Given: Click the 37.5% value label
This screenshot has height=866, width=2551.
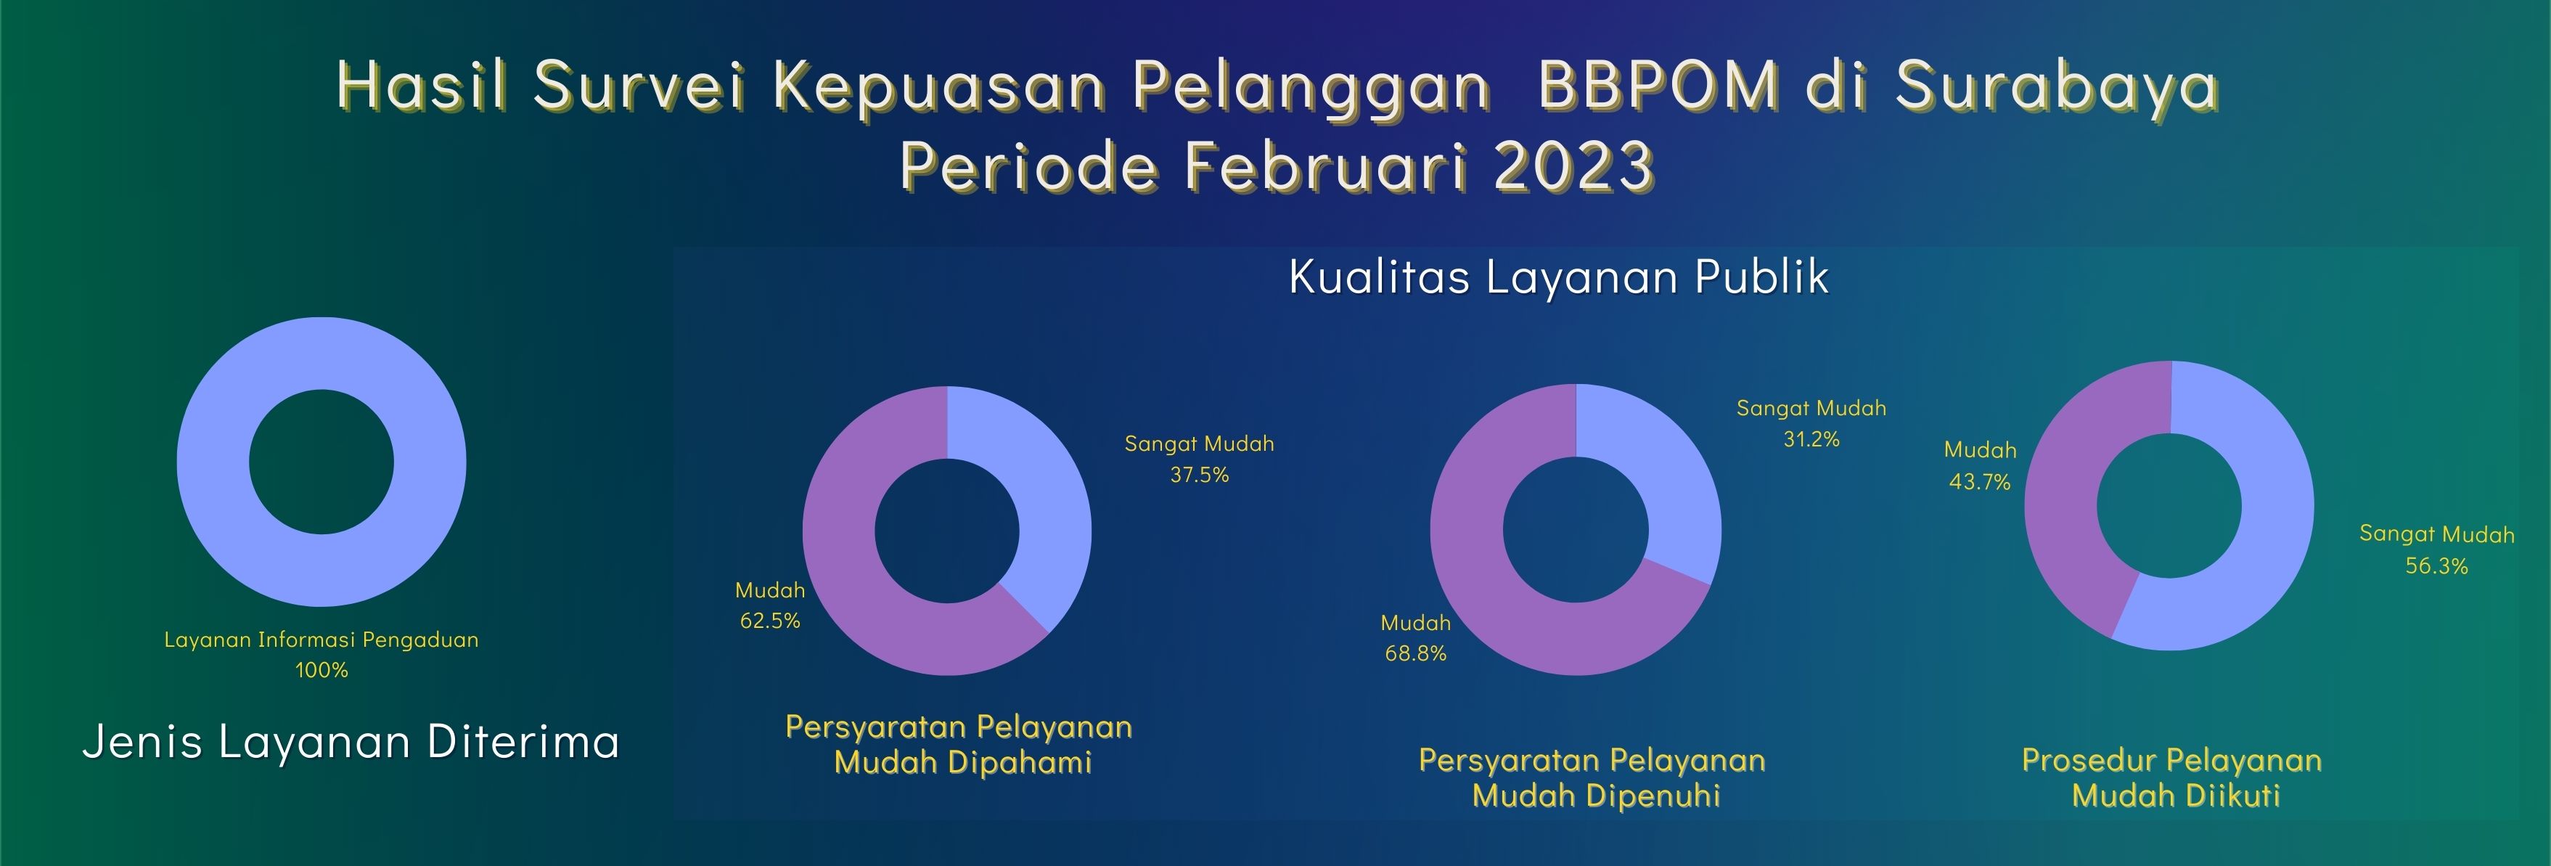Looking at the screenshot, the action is tap(1199, 475).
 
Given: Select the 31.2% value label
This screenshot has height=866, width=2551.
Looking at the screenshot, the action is tap(1811, 439).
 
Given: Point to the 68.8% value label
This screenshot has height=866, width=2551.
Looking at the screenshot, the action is tap(1415, 654).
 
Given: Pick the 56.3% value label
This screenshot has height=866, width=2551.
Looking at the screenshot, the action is tap(2436, 565).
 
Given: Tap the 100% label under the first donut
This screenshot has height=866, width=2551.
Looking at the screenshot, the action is tap(322, 670).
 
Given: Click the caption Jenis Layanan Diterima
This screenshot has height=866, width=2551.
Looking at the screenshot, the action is tap(351, 741).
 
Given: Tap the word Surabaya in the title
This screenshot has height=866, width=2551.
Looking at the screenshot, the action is tap(2056, 87).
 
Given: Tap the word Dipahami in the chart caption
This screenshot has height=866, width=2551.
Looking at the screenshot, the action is tap(1019, 763).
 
